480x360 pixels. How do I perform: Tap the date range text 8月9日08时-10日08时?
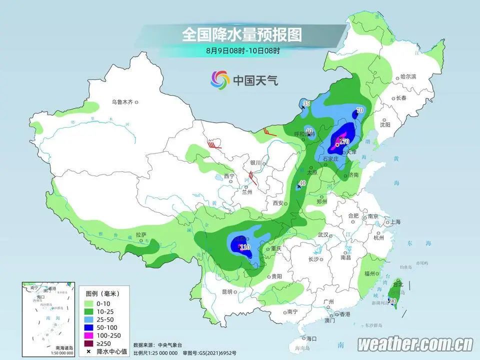pyautogui.click(x=242, y=50)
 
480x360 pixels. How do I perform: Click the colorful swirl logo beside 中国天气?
pyautogui.click(x=219, y=79)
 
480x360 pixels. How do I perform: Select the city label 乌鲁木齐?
pyautogui.click(x=122, y=102)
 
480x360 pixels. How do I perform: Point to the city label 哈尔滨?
pyautogui.click(x=408, y=77)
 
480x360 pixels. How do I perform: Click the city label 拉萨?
pyautogui.click(x=141, y=234)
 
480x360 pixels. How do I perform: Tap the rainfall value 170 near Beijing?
pyautogui.click(x=344, y=142)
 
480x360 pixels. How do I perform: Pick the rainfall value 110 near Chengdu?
pyautogui.click(x=244, y=247)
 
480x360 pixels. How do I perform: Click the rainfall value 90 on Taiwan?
pyautogui.click(x=393, y=301)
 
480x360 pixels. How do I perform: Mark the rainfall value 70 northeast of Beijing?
pyautogui.click(x=359, y=110)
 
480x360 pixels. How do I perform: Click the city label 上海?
pyautogui.click(x=395, y=221)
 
